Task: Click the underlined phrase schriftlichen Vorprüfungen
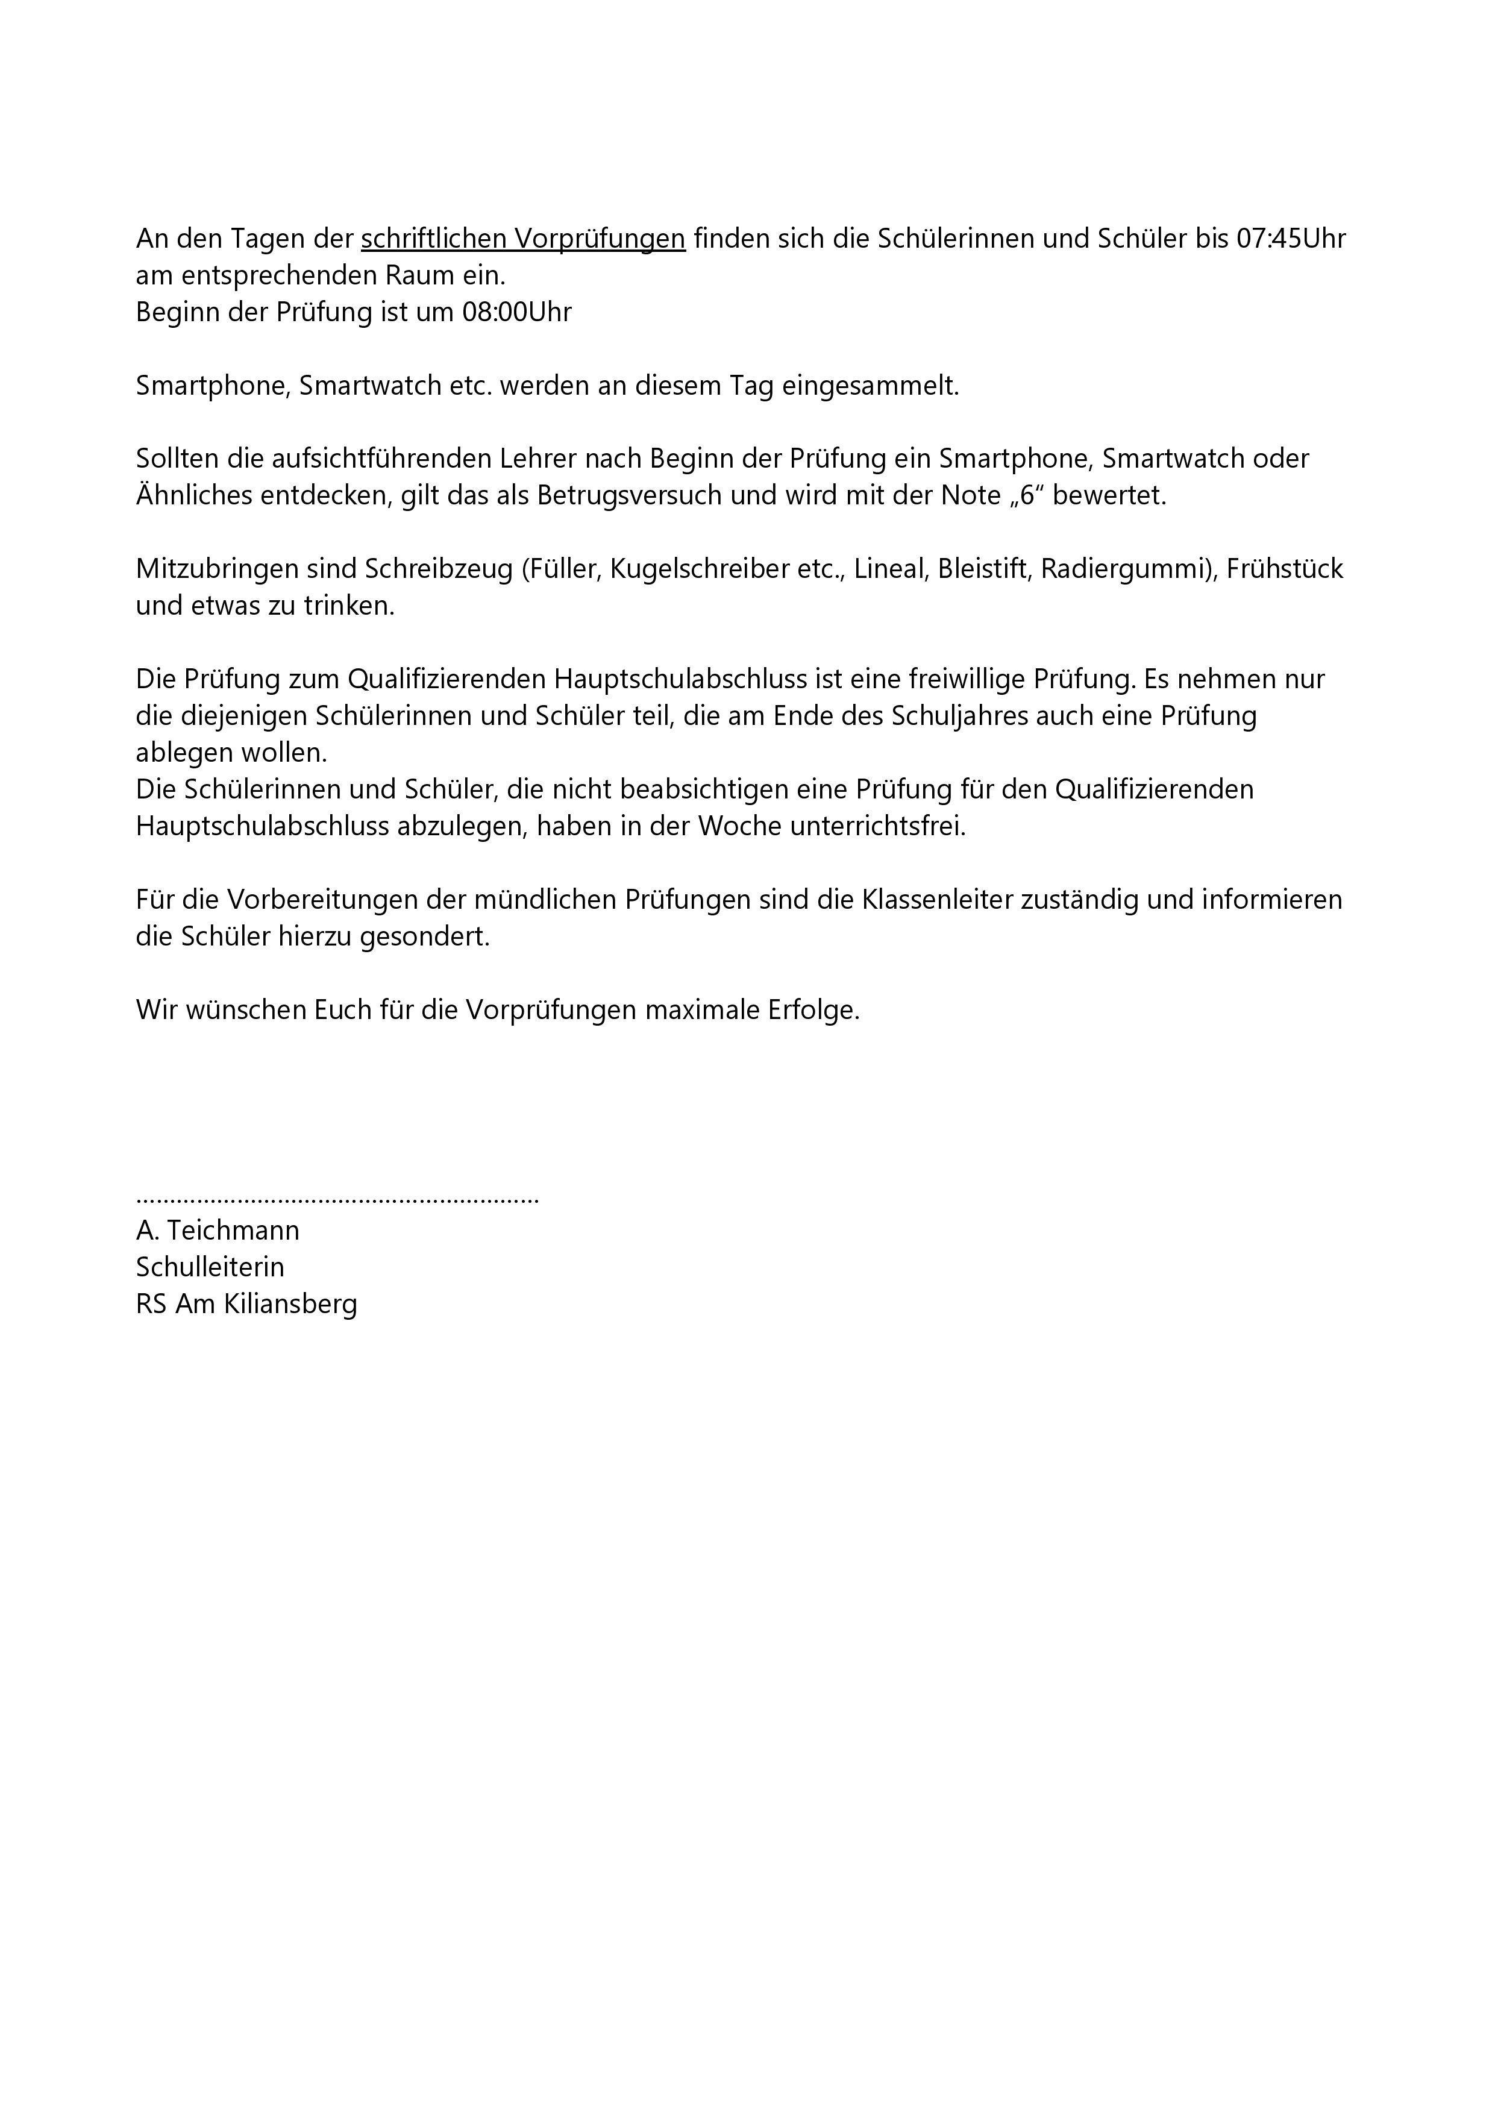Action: click(x=523, y=239)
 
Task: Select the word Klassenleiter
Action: click(x=937, y=900)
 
